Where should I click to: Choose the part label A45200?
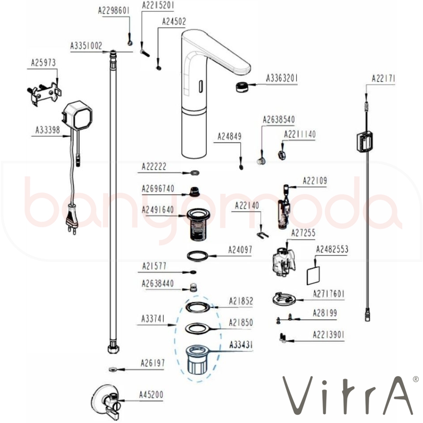tap(151, 395)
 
